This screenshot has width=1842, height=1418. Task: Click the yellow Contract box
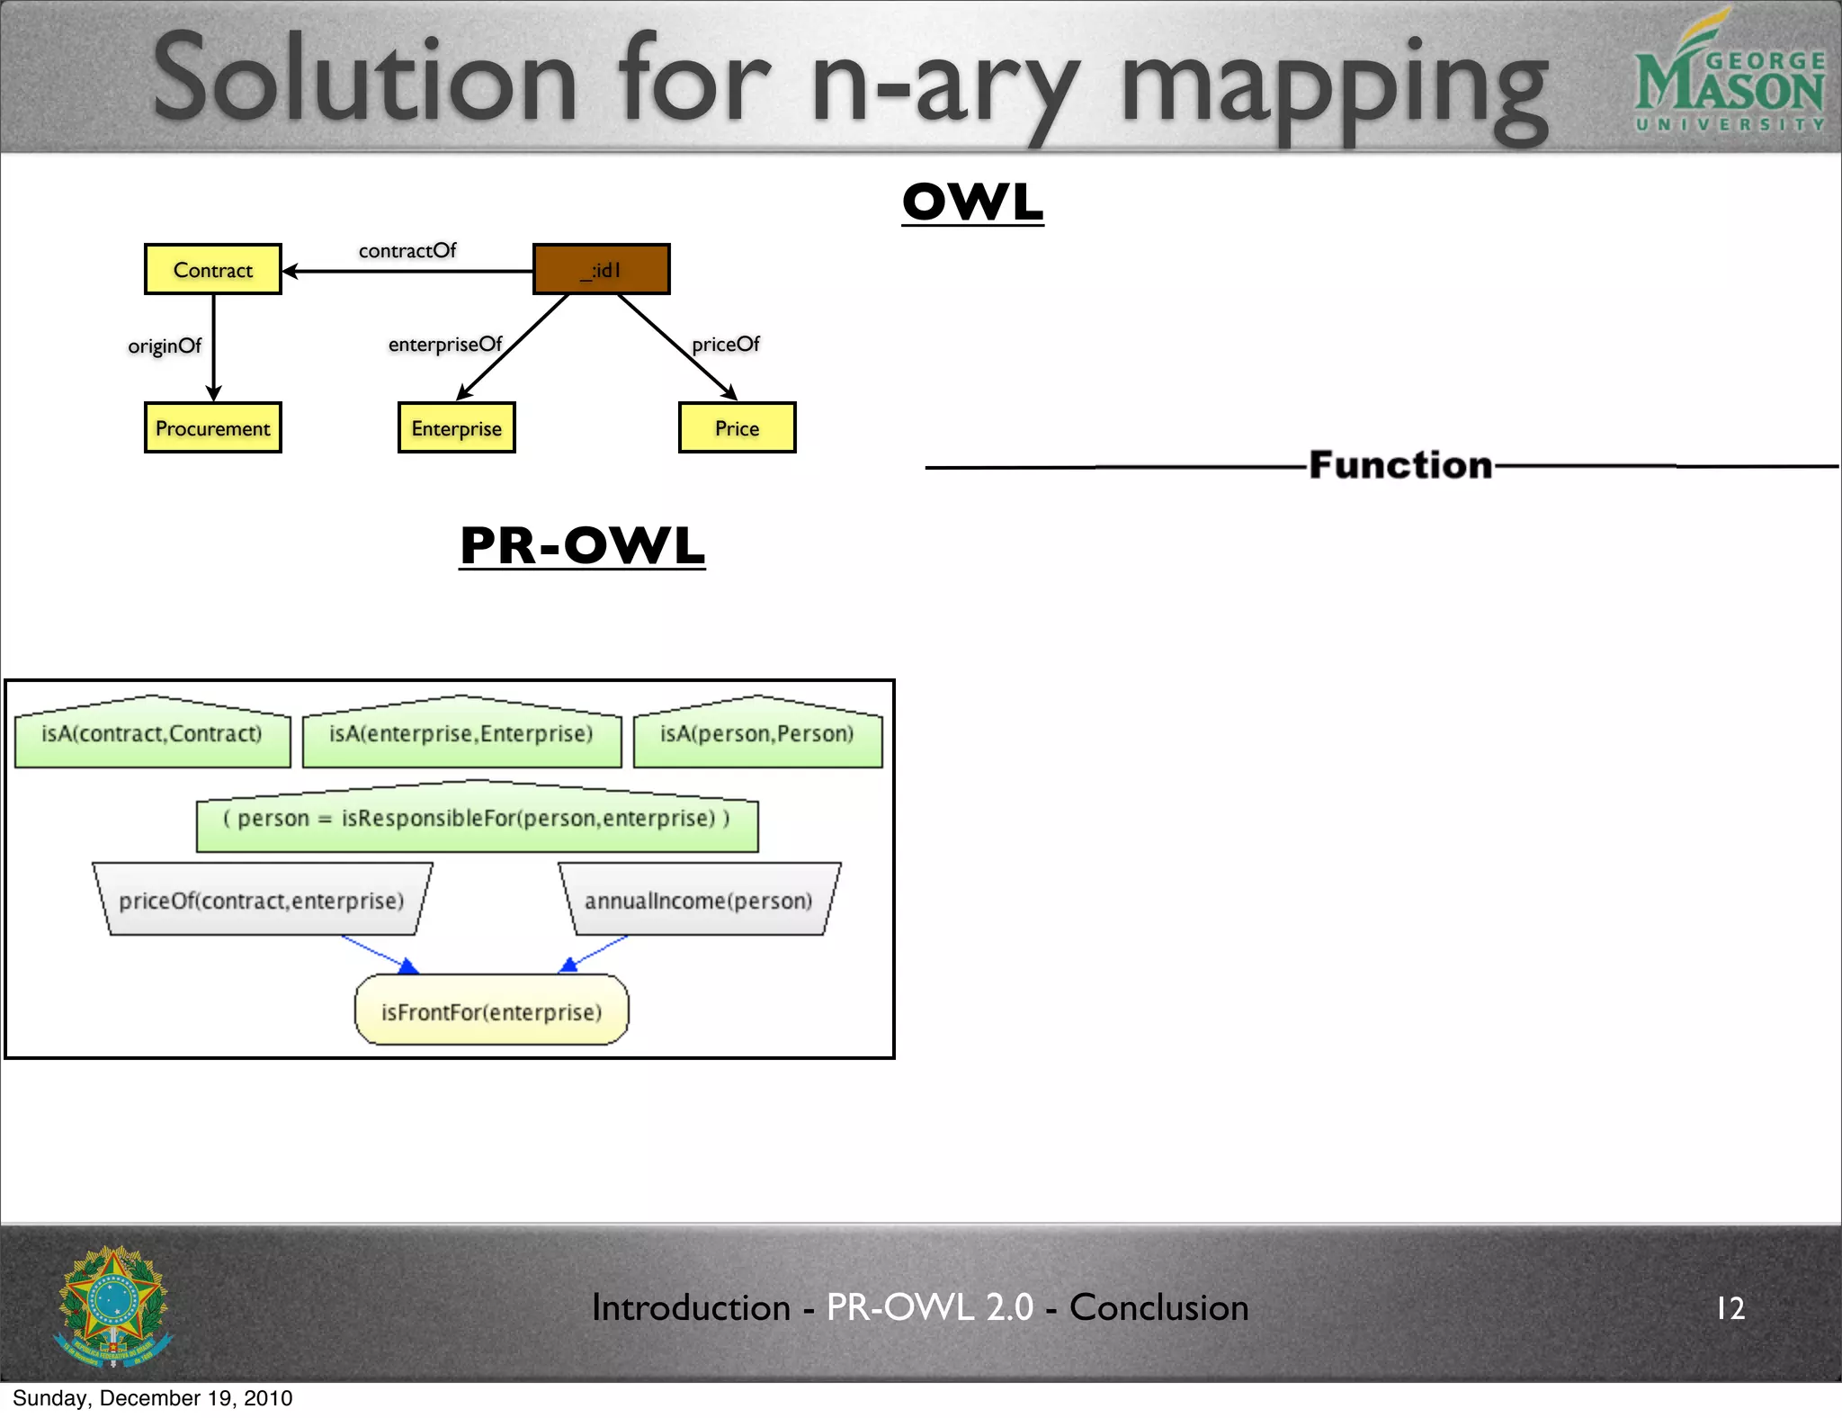click(x=213, y=269)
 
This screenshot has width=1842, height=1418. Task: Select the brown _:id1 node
click(x=601, y=269)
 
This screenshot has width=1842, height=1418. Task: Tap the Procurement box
click(x=213, y=427)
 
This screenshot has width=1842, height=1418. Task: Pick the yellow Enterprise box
click(x=456, y=427)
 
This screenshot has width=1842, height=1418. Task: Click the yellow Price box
click(x=737, y=427)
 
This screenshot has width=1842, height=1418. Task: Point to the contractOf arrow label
click(x=407, y=250)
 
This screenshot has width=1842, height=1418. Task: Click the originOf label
click(x=165, y=346)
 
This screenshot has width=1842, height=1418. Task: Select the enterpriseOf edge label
click(x=445, y=344)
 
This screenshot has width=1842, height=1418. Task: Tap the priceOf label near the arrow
click(x=726, y=344)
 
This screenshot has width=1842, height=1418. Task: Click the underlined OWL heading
click(x=973, y=202)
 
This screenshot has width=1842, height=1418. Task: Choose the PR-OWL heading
click(x=582, y=545)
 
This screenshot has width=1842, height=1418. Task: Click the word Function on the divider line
click(x=1400, y=465)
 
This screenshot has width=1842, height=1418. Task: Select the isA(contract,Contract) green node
click(x=152, y=734)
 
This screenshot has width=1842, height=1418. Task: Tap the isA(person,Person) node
click(x=757, y=734)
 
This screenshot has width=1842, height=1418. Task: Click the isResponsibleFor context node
click(x=477, y=819)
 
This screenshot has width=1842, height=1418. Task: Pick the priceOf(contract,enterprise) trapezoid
click(x=262, y=901)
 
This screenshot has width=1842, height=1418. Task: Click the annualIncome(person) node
click(x=699, y=901)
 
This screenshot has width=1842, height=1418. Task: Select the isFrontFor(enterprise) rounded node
click(x=491, y=1011)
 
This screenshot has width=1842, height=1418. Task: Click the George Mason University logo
click(x=1729, y=76)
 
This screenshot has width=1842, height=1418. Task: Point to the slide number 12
click(x=1730, y=1307)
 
